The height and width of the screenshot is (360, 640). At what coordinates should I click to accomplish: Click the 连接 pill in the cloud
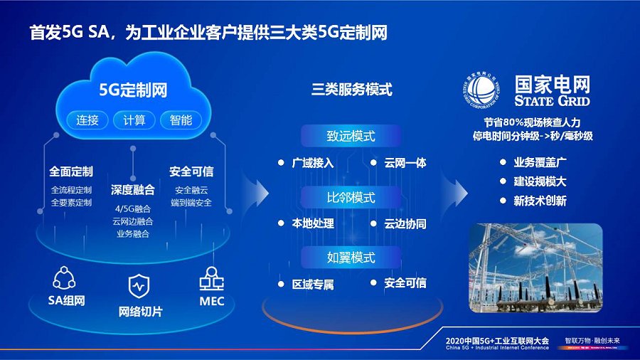point(87,120)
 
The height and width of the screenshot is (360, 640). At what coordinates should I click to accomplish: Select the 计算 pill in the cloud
point(134,120)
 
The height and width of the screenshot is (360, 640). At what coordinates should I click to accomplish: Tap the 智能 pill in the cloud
point(181,120)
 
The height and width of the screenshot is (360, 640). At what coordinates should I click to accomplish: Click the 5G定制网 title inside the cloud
point(133,90)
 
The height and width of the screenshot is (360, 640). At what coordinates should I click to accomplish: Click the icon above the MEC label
point(211,278)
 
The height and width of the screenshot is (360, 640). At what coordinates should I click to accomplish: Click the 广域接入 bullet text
point(313,163)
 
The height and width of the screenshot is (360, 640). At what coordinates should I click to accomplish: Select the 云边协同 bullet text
point(405,223)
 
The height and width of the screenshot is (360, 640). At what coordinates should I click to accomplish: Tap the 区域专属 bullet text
point(313,284)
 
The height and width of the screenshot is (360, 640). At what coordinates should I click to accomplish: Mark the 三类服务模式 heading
point(352,90)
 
